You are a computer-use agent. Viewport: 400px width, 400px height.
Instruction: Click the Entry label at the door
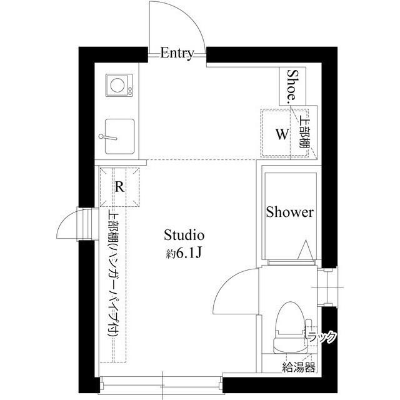[x=177, y=53]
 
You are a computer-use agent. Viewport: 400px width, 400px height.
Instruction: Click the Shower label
[x=289, y=212]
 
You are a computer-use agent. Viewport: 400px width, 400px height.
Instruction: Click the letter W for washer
[x=282, y=134]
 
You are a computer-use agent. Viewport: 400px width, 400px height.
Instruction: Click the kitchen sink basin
[x=119, y=135]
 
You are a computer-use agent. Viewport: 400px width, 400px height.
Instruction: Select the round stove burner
[x=116, y=84]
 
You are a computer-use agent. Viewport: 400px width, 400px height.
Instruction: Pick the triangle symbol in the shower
[x=306, y=251]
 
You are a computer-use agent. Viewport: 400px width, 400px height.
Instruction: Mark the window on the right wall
[x=329, y=287]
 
